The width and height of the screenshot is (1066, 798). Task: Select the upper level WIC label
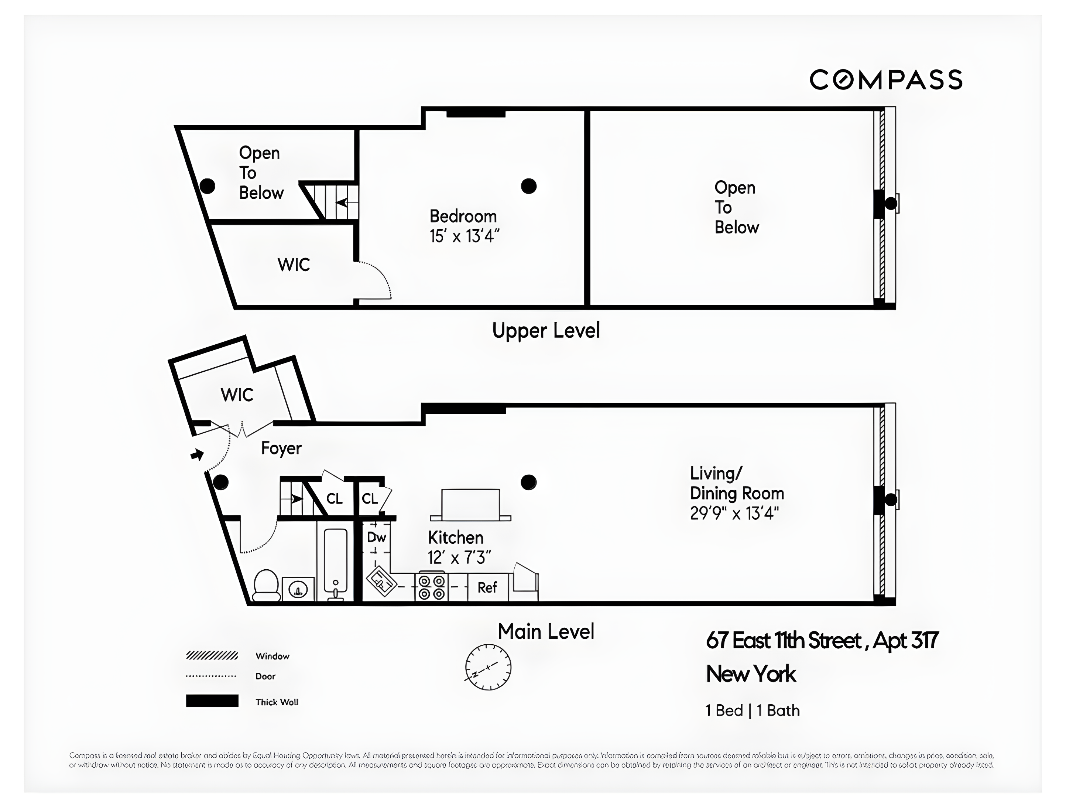[294, 265]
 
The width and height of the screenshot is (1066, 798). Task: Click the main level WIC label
[237, 395]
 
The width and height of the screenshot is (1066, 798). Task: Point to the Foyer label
[281, 448]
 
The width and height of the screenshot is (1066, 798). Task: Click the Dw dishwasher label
[376, 537]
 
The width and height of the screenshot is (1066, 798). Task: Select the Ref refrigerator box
[487, 587]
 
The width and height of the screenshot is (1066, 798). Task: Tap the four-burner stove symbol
[431, 587]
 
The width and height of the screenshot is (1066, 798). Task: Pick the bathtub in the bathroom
[335, 563]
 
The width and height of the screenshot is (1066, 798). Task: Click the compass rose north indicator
[488, 667]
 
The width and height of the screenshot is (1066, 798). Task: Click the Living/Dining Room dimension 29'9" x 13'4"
[734, 514]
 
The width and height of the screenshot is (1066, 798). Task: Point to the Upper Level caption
[545, 331]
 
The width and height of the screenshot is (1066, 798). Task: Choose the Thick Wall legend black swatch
[212, 700]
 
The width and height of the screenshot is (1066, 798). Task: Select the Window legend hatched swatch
[212, 655]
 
